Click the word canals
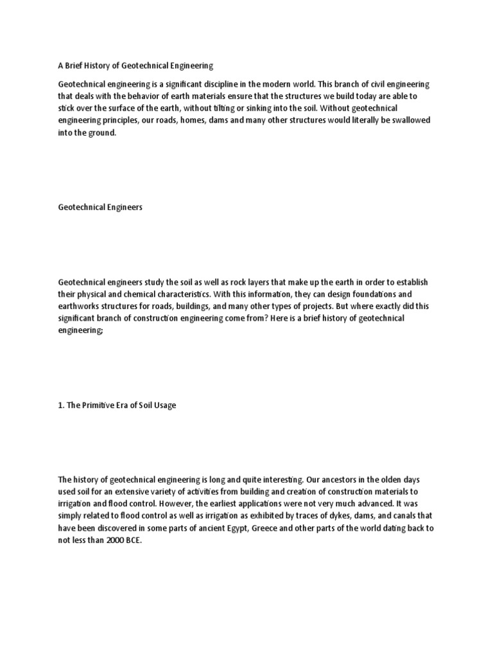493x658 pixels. point(406,516)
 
